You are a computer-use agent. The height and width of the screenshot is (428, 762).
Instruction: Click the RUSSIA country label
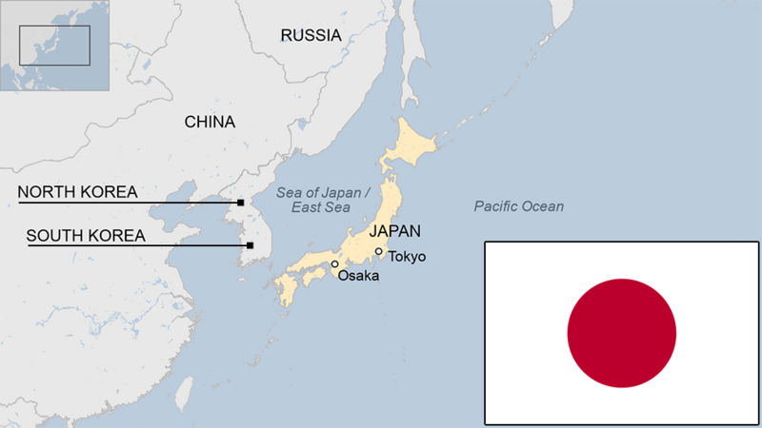tap(311, 35)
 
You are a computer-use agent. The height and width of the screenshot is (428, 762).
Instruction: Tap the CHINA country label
tap(210, 122)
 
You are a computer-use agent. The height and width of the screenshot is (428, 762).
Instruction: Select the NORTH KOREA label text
tap(78, 191)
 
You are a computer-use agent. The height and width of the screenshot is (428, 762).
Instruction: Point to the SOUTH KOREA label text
tap(86, 235)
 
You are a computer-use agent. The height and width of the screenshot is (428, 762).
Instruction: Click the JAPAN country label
tap(394, 230)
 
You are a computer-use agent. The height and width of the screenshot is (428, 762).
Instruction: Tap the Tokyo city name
tap(407, 257)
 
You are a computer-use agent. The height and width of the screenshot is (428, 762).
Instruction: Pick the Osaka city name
tap(358, 276)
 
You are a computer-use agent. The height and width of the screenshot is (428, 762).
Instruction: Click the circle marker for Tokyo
tap(379, 252)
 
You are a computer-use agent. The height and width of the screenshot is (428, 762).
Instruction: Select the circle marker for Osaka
tap(334, 264)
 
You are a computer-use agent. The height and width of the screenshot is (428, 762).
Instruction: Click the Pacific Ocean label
tap(518, 206)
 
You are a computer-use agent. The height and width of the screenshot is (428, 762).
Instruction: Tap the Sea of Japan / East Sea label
tap(314, 200)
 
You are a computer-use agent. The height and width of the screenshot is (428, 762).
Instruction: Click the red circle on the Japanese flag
tap(621, 333)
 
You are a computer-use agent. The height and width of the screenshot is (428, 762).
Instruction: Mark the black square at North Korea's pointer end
tap(241, 203)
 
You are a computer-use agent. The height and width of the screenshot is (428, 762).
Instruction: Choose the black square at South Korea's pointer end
tap(250, 245)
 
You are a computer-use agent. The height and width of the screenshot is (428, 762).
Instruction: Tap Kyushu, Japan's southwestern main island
tap(286, 288)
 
